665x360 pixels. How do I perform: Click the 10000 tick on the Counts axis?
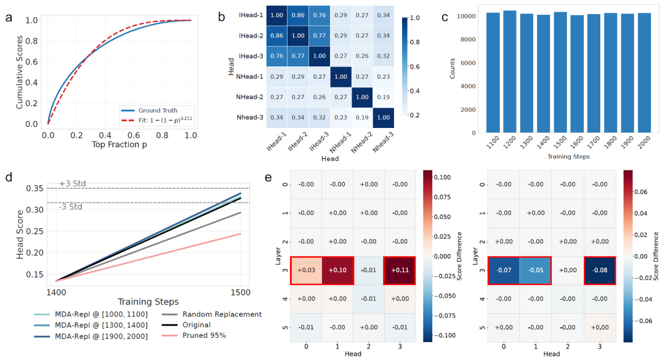pyautogui.click(x=466, y=15)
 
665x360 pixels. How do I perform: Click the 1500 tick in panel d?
pyautogui.click(x=240, y=289)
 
